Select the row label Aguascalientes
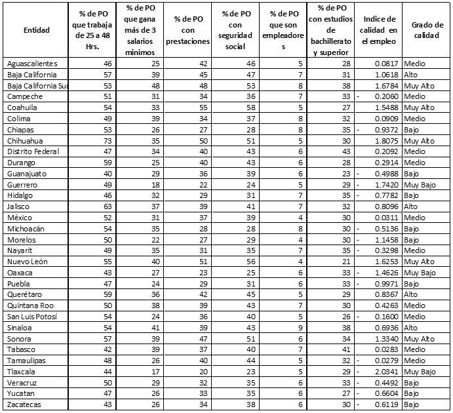(x=32, y=63)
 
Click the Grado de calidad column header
(x=425, y=30)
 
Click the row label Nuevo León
(x=28, y=261)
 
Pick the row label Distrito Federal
(x=33, y=151)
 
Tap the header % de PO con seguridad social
(x=235, y=30)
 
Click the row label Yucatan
(x=22, y=393)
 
